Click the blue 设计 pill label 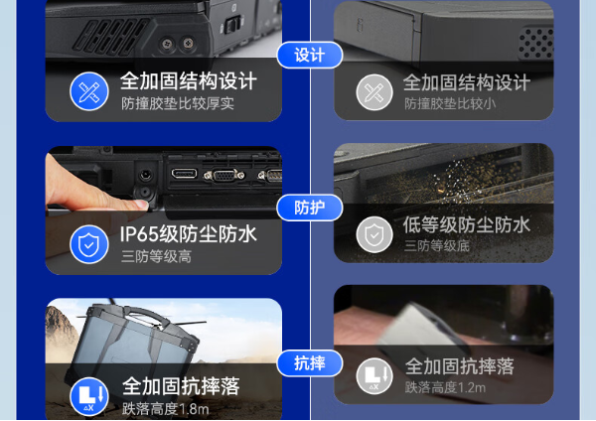tap(309, 56)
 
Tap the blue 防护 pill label tap(309, 208)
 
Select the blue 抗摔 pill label tap(309, 362)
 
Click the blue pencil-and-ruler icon tap(89, 91)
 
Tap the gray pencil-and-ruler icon tap(374, 92)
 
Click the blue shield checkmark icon tap(89, 243)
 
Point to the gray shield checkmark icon tap(374, 235)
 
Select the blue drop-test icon tap(89, 396)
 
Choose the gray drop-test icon tap(374, 376)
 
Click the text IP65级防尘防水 tap(188, 234)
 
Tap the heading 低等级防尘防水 tap(466, 224)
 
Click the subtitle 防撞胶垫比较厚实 tap(178, 103)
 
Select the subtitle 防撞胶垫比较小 tap(450, 103)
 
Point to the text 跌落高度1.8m tap(165, 408)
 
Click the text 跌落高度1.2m tap(445, 387)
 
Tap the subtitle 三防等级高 tap(156, 256)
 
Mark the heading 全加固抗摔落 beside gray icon tap(459, 366)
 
